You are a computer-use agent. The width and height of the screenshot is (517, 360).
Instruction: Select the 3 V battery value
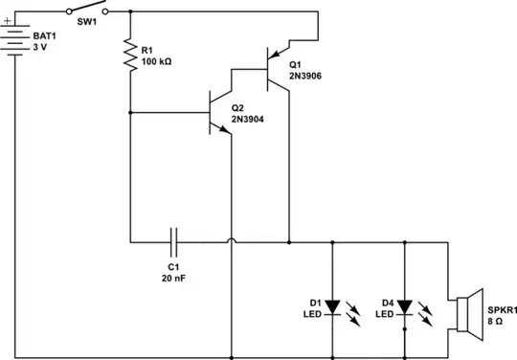coord(41,46)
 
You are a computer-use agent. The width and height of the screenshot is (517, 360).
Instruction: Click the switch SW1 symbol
coord(91,11)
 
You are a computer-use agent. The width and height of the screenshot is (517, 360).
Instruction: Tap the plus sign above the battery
coord(8,16)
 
